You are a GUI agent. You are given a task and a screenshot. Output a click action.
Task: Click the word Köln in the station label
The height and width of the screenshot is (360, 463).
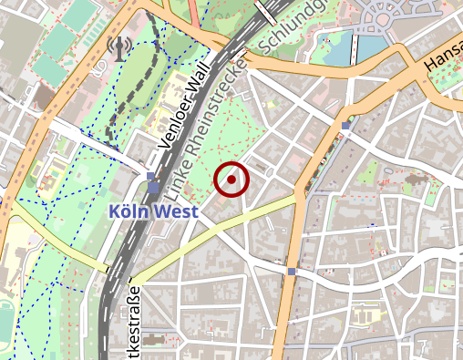pyautogui.click(x=127, y=211)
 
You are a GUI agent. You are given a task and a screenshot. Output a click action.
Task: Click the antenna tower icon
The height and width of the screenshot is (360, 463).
pyautogui.click(x=118, y=46)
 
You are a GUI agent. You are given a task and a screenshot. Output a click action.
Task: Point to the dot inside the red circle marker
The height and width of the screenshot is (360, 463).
pyautogui.click(x=231, y=180)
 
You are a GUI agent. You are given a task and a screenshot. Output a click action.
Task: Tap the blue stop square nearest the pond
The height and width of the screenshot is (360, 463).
pyautogui.click(x=345, y=125)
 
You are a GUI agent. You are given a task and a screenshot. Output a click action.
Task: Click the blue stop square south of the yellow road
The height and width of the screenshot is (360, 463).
pyautogui.click(x=291, y=271)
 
